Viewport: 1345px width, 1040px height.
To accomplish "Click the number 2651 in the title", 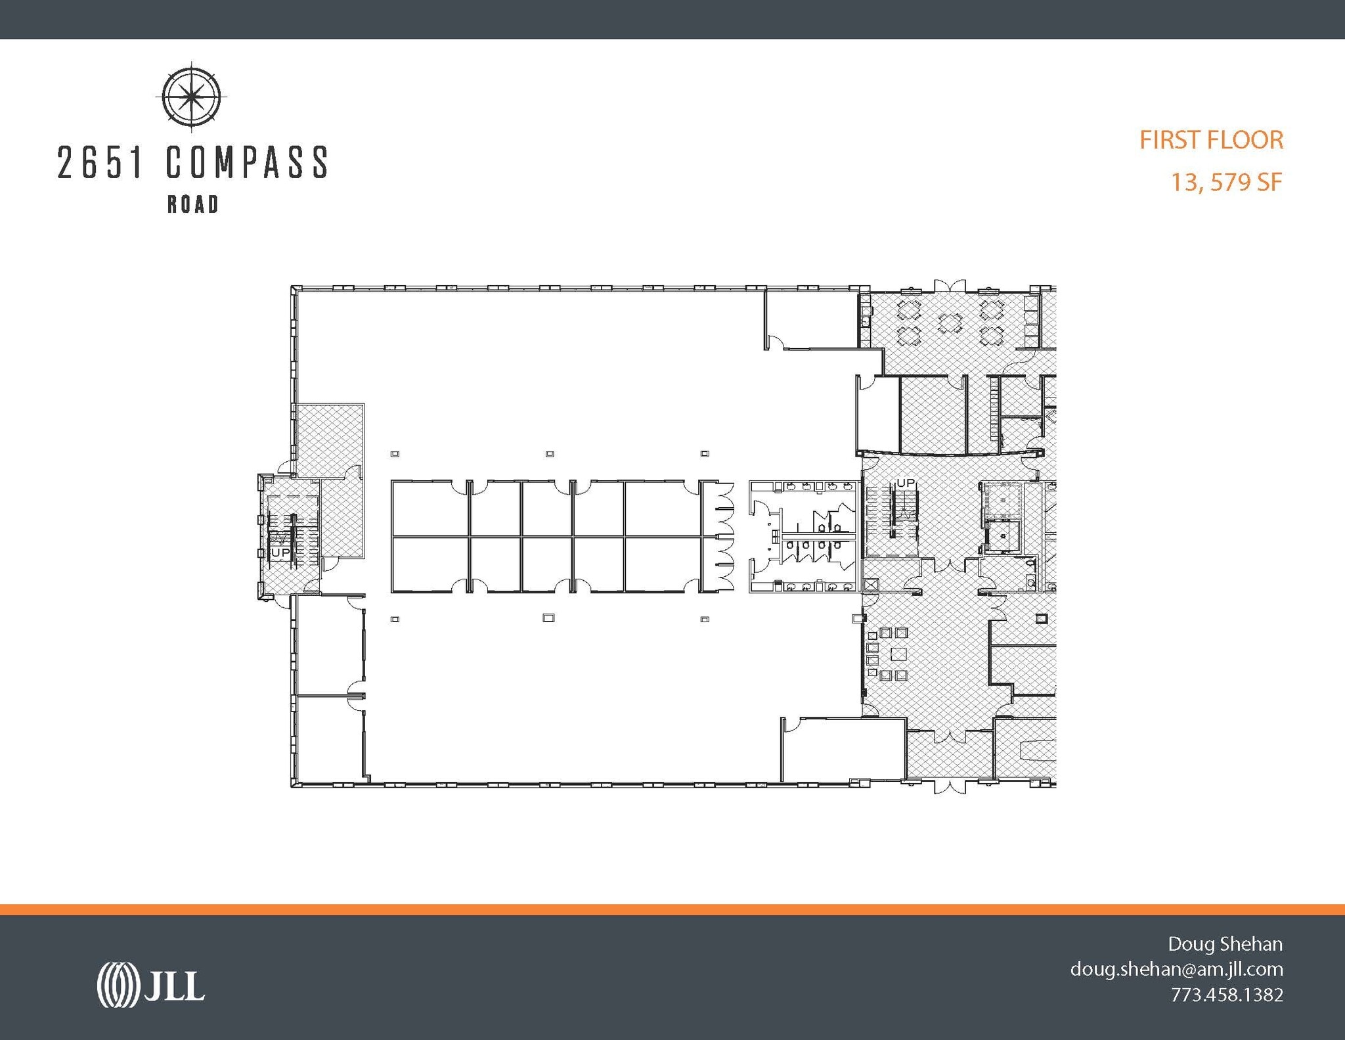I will click(100, 162).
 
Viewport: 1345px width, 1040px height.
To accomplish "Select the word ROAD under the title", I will click(192, 204).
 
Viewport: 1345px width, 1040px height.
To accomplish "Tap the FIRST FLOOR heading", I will click(1210, 140).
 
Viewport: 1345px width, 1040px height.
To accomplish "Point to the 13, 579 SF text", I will click(1226, 182).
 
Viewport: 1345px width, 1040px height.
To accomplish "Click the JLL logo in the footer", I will click(150, 984).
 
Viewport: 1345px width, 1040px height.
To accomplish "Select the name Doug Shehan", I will click(1224, 944).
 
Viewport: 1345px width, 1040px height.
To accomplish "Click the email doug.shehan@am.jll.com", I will click(1176, 969).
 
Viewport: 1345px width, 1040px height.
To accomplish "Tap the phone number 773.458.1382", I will click(1226, 995).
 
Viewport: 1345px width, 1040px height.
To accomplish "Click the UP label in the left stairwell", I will click(280, 553).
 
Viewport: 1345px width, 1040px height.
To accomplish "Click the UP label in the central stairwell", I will click(905, 483).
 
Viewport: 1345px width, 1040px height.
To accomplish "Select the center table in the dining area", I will click(950, 323).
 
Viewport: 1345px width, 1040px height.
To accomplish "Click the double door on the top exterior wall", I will click(950, 286).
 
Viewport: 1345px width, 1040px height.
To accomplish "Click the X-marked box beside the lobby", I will click(871, 585).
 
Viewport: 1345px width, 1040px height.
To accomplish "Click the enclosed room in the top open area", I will click(812, 320).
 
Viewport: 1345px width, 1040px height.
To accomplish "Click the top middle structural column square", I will click(550, 454).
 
